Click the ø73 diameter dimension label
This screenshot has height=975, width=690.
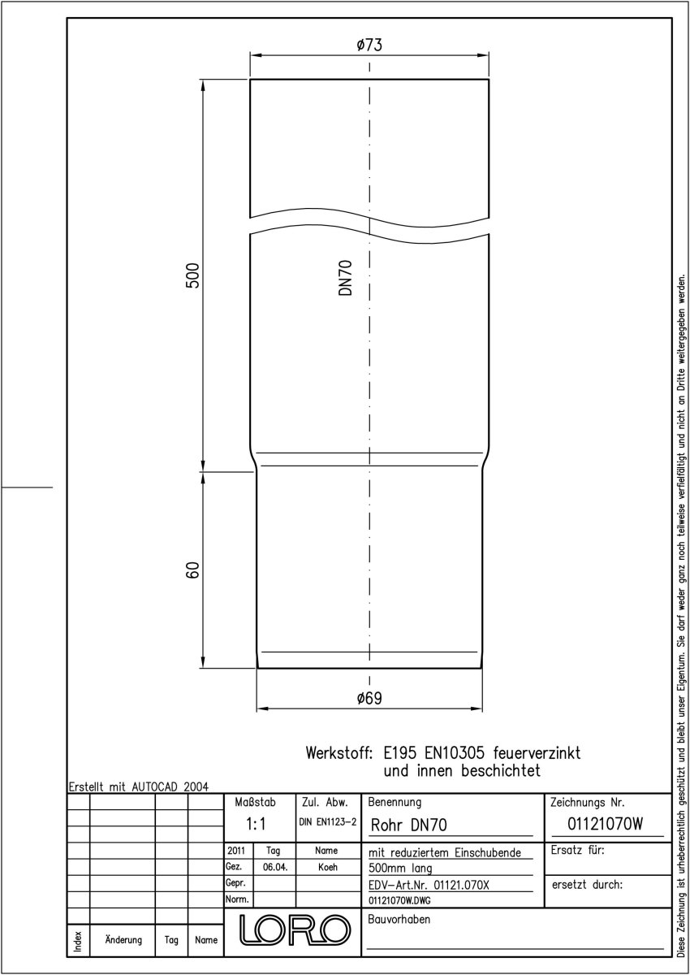coord(369,45)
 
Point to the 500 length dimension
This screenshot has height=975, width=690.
coord(192,275)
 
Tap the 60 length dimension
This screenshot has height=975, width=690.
coord(192,570)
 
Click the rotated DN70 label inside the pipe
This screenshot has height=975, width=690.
coord(345,278)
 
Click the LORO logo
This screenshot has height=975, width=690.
coord(295,929)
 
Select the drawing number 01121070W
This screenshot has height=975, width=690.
coord(605,824)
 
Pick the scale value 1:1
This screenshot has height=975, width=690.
coord(256,824)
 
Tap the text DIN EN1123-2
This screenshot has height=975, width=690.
coord(328,822)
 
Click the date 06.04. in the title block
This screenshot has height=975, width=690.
coord(275,867)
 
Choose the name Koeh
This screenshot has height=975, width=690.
coord(328,867)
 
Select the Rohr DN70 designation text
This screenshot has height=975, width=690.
coord(408,825)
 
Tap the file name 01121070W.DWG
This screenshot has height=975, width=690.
coord(399,900)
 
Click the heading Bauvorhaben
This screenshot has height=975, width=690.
coord(399,919)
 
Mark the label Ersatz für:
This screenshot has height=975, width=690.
coord(577,850)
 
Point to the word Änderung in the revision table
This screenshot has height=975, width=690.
coord(123,940)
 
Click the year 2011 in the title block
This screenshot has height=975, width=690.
coord(236,851)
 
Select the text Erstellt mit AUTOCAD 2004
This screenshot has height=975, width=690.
coord(139,787)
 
